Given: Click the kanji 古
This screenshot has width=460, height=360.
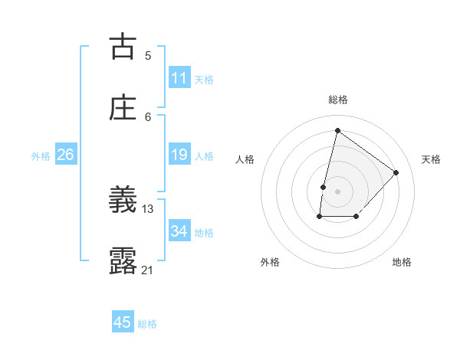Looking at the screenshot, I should [123, 47].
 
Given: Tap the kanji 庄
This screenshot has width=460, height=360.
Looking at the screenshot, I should [123, 107].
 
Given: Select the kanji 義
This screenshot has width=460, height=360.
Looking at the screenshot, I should [123, 201].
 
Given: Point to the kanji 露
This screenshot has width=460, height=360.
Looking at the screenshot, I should [123, 261].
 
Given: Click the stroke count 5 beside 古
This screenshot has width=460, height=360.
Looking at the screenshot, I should [148, 55].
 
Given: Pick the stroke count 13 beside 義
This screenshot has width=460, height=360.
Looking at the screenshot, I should [148, 208].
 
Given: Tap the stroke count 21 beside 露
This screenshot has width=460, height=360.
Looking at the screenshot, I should [148, 270].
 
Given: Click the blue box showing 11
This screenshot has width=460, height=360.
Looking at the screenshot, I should [179, 78].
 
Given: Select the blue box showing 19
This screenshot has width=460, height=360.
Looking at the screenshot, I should [179, 155].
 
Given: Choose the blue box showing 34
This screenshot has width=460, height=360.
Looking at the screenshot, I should [179, 231].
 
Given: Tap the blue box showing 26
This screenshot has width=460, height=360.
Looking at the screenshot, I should [66, 155].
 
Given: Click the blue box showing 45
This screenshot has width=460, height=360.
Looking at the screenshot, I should [123, 322].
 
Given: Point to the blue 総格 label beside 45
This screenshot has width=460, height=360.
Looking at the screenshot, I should [147, 324].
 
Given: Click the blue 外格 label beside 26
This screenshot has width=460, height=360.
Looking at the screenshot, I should [41, 156].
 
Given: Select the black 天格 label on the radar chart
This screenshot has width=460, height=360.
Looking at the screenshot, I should [431, 159].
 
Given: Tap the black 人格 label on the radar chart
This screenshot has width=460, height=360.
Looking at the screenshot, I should [245, 159].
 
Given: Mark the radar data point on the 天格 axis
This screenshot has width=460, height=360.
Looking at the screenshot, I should [396, 172].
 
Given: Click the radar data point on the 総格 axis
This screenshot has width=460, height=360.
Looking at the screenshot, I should [337, 130].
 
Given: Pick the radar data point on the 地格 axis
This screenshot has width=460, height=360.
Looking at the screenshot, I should [356, 218].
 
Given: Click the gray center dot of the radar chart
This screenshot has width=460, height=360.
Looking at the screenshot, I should [337, 191].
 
